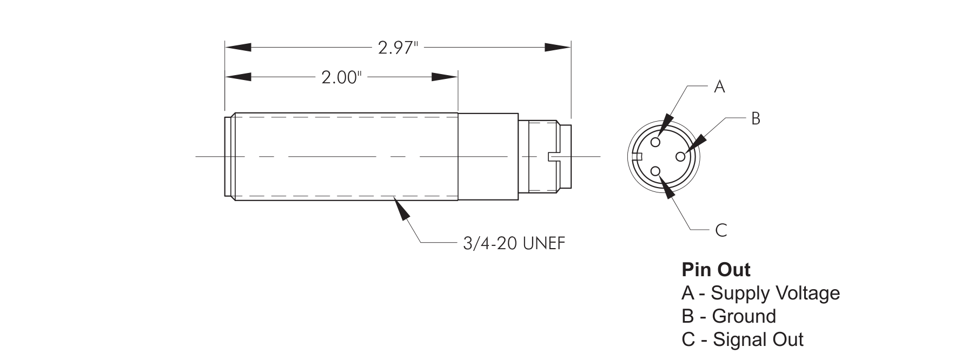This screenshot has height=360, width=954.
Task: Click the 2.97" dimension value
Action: coord(399,48)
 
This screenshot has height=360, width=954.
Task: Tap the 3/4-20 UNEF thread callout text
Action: coord(514,244)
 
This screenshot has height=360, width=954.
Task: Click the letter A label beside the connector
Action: coord(719,86)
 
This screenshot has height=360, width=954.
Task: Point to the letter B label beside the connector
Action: coord(756,118)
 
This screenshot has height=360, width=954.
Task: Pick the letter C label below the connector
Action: coord(721,231)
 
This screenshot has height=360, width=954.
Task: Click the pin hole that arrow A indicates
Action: coord(655,142)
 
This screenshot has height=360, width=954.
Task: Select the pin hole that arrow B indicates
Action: coord(680,156)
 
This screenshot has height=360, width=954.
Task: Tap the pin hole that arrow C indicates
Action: coord(655,171)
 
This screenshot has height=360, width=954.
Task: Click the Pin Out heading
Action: coord(716,269)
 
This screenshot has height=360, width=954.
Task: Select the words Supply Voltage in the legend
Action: coord(775,293)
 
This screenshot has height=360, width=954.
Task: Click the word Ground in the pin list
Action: coord(744,316)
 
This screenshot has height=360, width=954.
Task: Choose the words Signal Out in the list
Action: coord(758,339)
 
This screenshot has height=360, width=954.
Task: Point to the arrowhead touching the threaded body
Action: coord(402,209)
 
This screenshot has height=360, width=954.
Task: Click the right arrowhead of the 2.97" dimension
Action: coord(558,48)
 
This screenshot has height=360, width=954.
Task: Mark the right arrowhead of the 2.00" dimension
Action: coord(445,77)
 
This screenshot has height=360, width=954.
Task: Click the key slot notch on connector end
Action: coord(554,156)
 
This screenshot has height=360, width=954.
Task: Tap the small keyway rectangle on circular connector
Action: coord(637,157)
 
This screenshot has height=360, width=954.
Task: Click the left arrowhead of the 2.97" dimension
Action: coord(238,48)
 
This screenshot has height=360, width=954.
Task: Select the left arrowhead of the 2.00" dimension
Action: coord(238,77)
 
